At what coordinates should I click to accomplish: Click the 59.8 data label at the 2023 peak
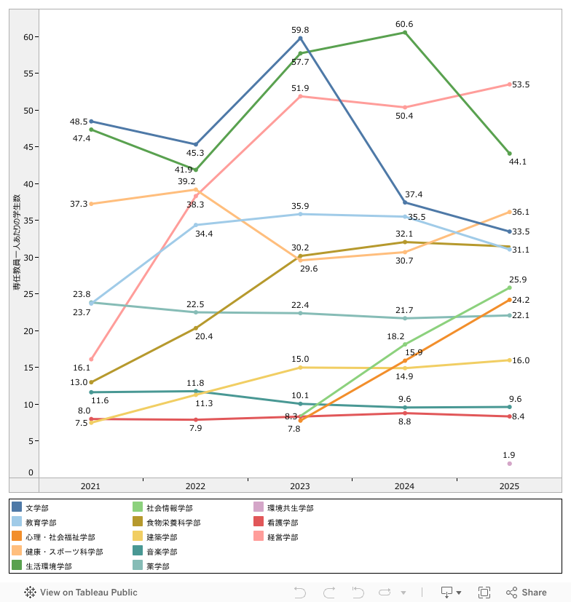point(300,30)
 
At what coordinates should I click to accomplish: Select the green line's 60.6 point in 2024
point(405,32)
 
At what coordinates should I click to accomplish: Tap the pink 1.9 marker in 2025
point(510,464)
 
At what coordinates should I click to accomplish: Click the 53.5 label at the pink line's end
point(521,85)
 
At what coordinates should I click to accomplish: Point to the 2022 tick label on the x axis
point(195,486)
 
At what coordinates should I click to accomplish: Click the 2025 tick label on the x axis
point(510,486)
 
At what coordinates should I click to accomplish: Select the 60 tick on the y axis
point(28,37)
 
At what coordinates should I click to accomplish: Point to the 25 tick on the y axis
point(28,294)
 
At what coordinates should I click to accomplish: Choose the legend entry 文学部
point(36,508)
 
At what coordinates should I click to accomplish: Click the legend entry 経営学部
point(283,537)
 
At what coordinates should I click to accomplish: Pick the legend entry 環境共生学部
point(290,508)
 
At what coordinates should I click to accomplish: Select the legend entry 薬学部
point(157,566)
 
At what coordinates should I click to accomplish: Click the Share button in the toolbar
point(527,593)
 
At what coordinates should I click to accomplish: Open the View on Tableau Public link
point(81,593)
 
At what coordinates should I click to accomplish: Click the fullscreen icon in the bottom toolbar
point(484,593)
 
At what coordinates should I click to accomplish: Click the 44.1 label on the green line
point(518,162)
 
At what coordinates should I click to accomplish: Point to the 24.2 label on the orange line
point(521,300)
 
